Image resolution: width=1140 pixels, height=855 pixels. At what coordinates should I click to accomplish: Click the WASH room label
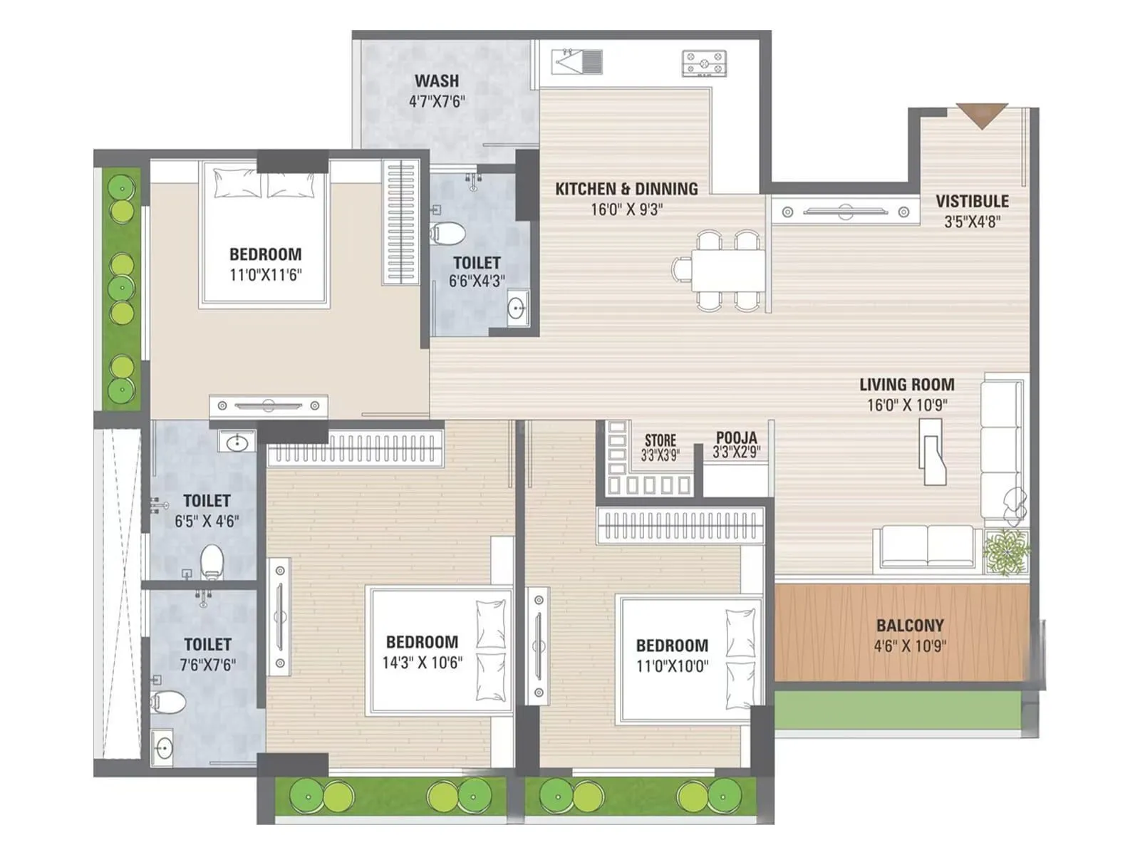(436, 81)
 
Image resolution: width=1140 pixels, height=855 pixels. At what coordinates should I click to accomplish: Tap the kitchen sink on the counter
(577, 62)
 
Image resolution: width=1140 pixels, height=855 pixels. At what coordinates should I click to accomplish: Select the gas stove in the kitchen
(704, 63)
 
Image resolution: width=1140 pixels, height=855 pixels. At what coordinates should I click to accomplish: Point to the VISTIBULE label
(972, 201)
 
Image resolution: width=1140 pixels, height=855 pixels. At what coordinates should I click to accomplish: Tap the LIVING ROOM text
(906, 385)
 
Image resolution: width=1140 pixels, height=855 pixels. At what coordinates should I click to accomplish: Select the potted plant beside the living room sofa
(1006, 551)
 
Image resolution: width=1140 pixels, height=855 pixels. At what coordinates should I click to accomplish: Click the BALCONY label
(909, 626)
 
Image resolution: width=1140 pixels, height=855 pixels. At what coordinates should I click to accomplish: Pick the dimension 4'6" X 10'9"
(909, 646)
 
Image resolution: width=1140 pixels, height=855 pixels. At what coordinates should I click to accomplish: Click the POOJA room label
(736, 437)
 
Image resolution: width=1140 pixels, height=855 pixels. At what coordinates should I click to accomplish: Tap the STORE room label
(660, 440)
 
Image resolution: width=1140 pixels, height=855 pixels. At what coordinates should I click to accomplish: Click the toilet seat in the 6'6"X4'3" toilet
(449, 233)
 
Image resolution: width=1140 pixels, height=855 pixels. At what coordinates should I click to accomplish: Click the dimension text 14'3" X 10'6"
(422, 663)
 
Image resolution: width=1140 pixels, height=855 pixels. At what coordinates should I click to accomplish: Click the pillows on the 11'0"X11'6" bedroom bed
(264, 184)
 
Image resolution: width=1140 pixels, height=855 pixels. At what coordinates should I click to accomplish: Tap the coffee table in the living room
(931, 451)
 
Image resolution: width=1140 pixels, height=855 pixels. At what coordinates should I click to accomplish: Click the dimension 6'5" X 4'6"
(207, 522)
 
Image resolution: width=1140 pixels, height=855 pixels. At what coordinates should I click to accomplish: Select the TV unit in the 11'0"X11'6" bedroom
(268, 406)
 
